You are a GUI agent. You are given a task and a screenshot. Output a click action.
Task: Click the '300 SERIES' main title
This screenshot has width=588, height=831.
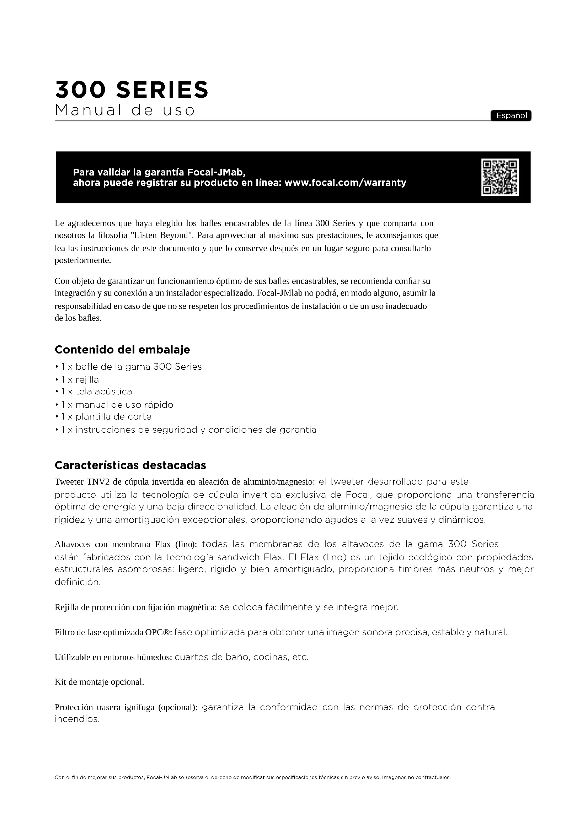(132, 90)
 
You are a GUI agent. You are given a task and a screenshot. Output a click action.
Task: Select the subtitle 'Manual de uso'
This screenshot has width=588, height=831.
(125, 110)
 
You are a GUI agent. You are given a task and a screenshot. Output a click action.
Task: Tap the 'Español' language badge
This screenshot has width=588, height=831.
(511, 115)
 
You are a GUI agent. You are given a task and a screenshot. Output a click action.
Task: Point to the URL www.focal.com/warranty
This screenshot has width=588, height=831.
(346, 183)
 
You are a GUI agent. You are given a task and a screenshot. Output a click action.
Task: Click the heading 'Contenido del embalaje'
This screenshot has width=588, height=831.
(122, 350)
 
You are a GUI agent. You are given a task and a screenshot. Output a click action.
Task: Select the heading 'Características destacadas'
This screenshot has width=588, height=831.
(130, 465)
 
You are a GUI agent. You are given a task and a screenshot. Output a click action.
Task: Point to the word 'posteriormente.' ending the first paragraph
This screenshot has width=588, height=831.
(82, 260)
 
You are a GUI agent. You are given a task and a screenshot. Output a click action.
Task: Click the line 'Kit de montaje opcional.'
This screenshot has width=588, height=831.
(99, 682)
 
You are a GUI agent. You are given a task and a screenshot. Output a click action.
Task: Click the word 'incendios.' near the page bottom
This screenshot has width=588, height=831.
(77, 719)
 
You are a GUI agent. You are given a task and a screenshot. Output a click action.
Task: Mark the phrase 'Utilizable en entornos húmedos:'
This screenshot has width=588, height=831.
(113, 657)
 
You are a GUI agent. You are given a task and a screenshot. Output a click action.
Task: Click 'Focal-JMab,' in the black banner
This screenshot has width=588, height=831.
(214, 172)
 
